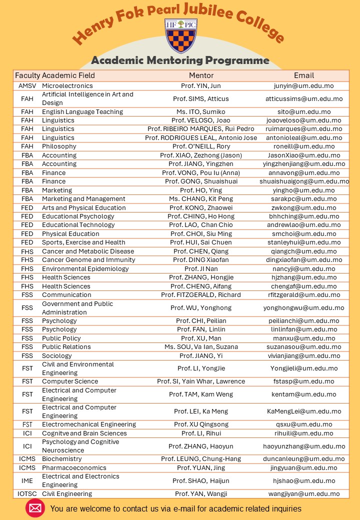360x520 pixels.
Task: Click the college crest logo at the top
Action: [x=180, y=35]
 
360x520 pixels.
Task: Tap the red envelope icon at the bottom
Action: [x=35, y=508]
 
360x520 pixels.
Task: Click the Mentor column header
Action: [x=201, y=75]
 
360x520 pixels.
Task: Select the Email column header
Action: [x=304, y=75]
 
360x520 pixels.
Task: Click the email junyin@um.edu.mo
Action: [x=303, y=86]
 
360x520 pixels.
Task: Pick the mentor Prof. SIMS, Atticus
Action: [x=201, y=99]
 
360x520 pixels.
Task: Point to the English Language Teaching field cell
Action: [x=82, y=112]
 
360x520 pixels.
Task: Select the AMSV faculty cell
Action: [x=27, y=86]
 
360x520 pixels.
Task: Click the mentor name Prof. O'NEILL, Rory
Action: [x=201, y=146]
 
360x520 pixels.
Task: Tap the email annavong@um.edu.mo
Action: [x=303, y=172]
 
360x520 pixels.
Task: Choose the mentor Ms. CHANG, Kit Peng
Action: [x=201, y=198]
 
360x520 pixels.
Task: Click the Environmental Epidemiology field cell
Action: [x=85, y=268]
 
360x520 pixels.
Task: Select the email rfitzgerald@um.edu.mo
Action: [x=303, y=294]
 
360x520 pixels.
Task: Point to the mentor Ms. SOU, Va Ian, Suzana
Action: [x=201, y=346]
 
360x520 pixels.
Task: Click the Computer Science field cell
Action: [x=70, y=381]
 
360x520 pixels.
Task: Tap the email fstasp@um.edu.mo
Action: [x=303, y=381]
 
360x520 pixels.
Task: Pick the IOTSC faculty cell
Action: [x=27, y=493]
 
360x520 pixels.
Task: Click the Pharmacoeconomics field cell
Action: [x=74, y=467]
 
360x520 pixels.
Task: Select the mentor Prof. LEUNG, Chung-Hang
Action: [x=201, y=459]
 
